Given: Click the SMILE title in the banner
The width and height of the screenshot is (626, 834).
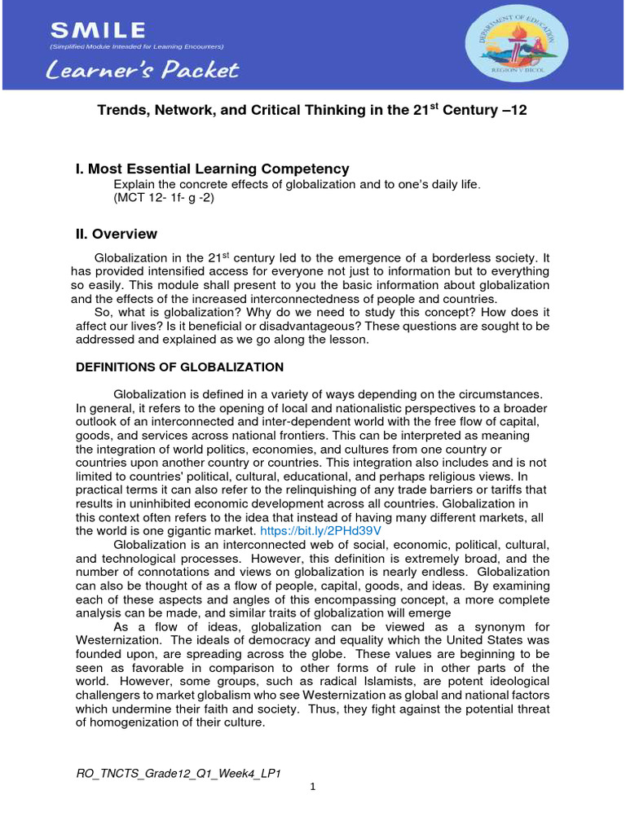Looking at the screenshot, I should tap(99, 31).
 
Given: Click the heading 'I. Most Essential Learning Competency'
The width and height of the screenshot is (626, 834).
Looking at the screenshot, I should tap(212, 169).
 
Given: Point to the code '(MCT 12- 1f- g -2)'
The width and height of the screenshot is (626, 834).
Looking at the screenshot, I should tap(164, 198).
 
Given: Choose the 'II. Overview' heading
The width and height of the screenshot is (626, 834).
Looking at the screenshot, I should tap(116, 234).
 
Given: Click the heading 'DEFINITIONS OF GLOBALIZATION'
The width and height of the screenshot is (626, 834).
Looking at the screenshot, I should tap(179, 367).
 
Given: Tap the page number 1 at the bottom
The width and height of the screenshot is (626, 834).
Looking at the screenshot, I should tap(313, 788).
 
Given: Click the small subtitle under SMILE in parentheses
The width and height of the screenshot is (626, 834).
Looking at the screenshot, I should tap(137, 46).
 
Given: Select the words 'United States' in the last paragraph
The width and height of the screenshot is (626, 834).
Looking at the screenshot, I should tap(481, 639).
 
